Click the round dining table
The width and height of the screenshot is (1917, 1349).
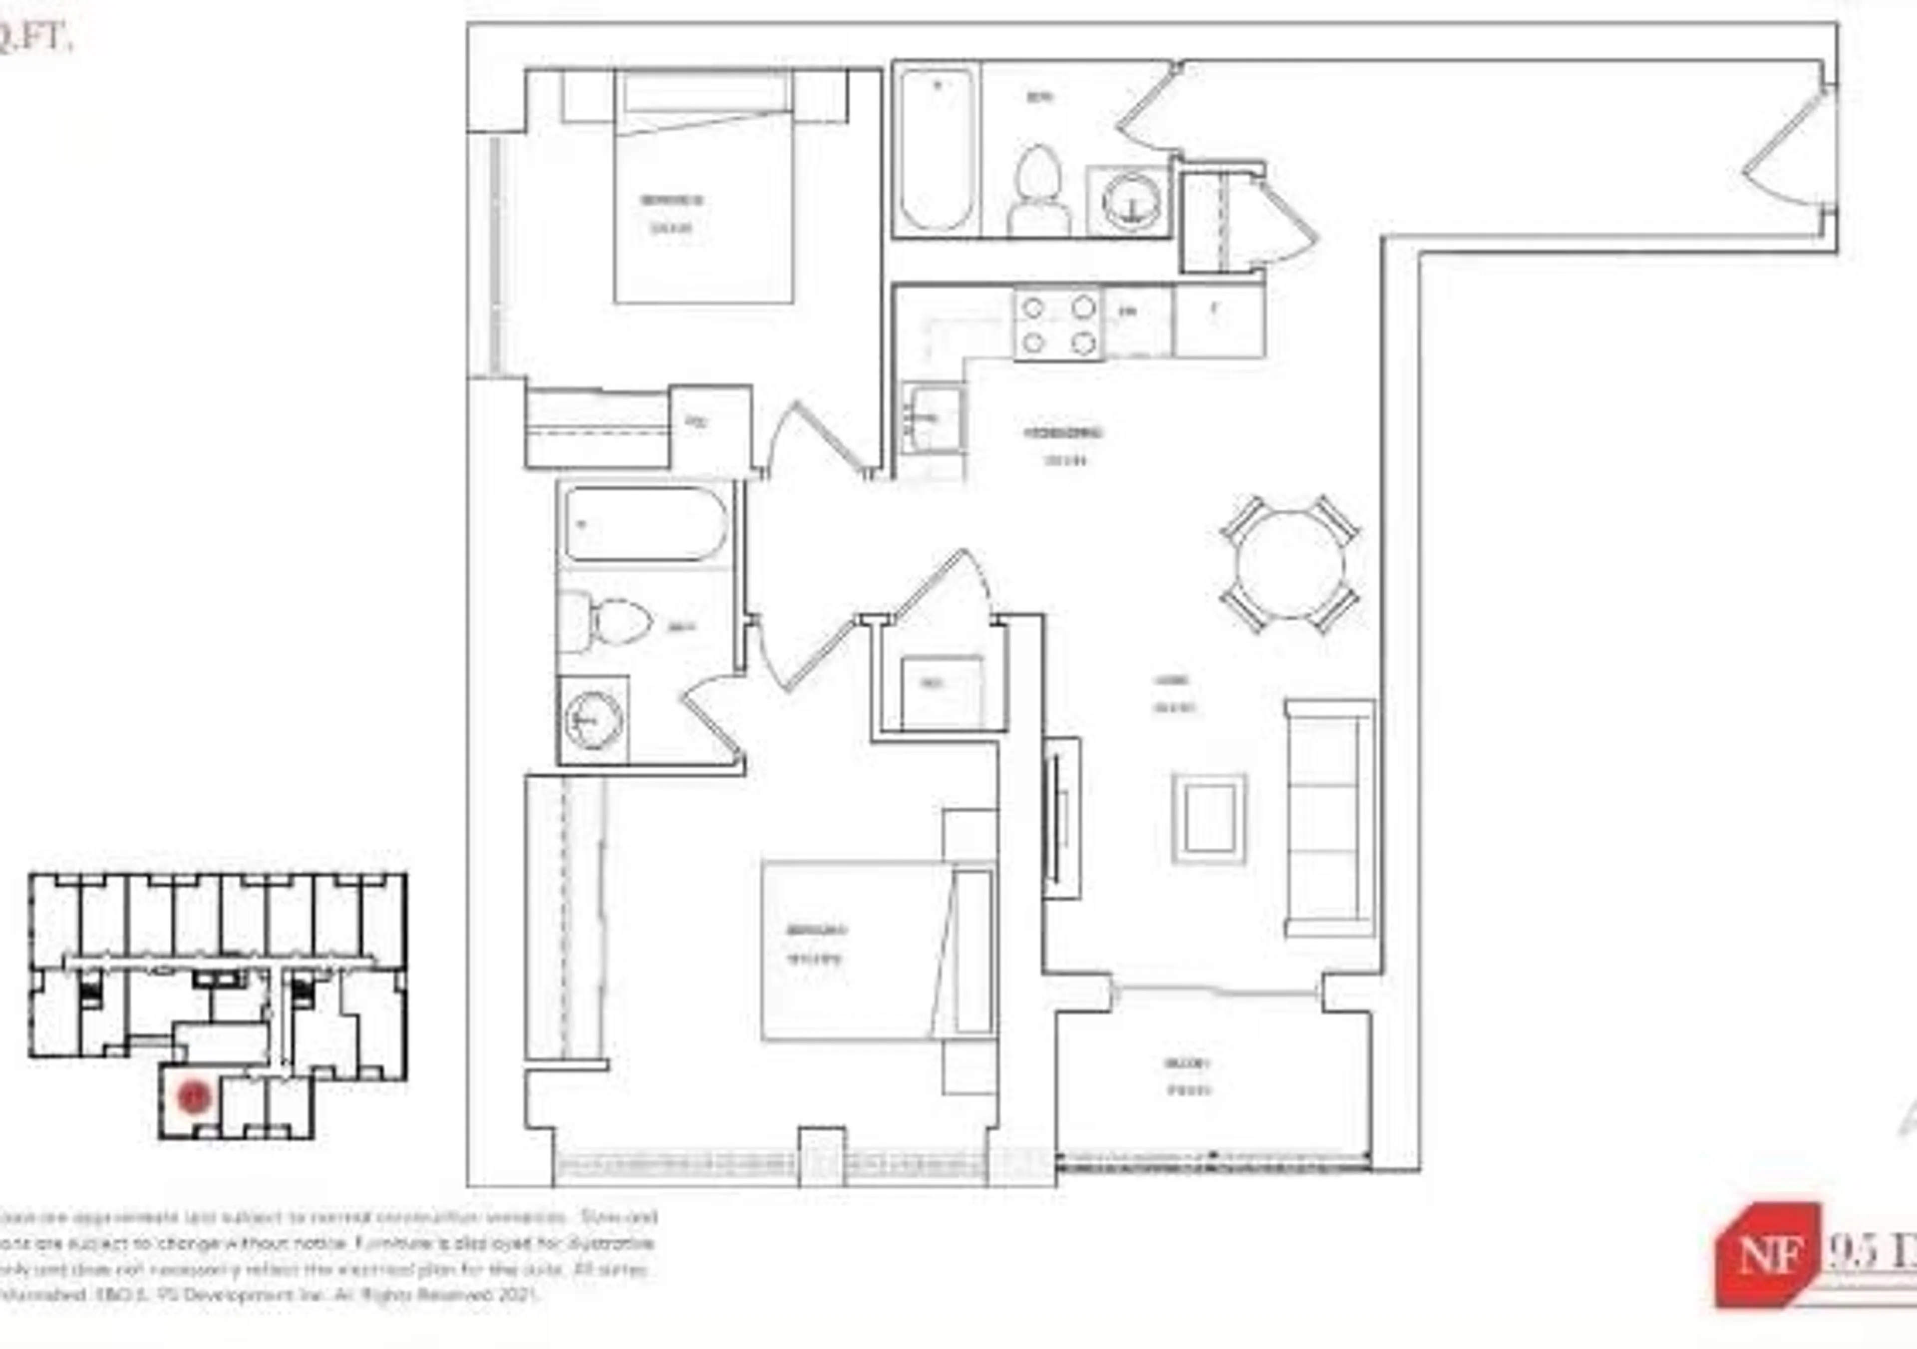click(x=1290, y=565)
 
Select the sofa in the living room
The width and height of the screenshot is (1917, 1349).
click(x=1329, y=818)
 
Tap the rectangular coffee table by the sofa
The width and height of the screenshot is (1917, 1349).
click(x=1208, y=818)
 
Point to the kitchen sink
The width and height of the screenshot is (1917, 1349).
click(x=933, y=417)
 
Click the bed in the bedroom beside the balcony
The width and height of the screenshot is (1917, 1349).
click(x=877, y=952)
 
